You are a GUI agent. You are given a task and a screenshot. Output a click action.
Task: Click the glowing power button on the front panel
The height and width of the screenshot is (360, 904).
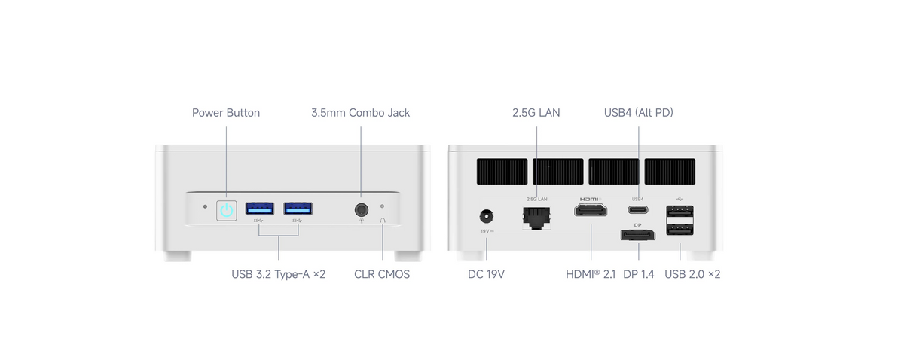(x=227, y=210)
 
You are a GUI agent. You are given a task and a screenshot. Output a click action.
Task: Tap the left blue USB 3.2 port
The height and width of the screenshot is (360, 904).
(x=259, y=209)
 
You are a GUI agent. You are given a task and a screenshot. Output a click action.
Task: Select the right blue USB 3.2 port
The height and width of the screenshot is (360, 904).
(x=298, y=209)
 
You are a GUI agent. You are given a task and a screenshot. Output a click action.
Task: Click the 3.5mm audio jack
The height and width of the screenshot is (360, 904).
(x=361, y=210)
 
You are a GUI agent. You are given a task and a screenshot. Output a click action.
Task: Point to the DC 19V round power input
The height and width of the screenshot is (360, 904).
(x=487, y=217)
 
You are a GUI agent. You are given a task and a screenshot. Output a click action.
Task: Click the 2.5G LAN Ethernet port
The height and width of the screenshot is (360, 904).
(x=536, y=218)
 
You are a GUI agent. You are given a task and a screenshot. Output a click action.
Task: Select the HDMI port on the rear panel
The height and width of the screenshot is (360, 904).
(x=591, y=210)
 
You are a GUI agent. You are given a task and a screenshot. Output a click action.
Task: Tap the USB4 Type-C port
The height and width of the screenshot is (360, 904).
(x=638, y=210)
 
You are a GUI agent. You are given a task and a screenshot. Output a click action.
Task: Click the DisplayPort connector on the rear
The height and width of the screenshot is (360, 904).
(x=637, y=235)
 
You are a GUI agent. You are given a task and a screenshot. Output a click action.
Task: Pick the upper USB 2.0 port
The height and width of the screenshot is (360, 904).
(x=680, y=211)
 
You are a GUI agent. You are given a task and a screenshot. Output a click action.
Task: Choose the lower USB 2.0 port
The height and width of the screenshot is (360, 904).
(x=680, y=229)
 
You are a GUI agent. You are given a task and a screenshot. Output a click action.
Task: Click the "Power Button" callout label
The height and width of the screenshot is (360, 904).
(x=226, y=113)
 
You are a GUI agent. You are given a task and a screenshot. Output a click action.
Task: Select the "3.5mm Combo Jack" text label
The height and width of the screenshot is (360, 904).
(x=360, y=113)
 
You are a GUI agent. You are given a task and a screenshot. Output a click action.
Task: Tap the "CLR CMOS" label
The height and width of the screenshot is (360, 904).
(x=382, y=274)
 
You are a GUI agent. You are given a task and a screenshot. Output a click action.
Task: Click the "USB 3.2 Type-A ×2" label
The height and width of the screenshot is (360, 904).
(x=279, y=274)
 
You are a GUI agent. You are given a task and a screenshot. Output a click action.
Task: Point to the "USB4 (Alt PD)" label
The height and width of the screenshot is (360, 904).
(x=639, y=113)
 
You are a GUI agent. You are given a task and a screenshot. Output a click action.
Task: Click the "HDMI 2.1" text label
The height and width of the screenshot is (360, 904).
(x=591, y=274)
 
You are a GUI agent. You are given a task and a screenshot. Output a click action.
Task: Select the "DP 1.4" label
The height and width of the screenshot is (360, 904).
(x=639, y=274)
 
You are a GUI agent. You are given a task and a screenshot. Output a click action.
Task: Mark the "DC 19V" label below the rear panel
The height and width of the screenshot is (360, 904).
(x=486, y=274)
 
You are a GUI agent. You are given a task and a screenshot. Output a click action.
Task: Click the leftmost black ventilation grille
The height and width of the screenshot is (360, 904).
(x=502, y=172)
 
